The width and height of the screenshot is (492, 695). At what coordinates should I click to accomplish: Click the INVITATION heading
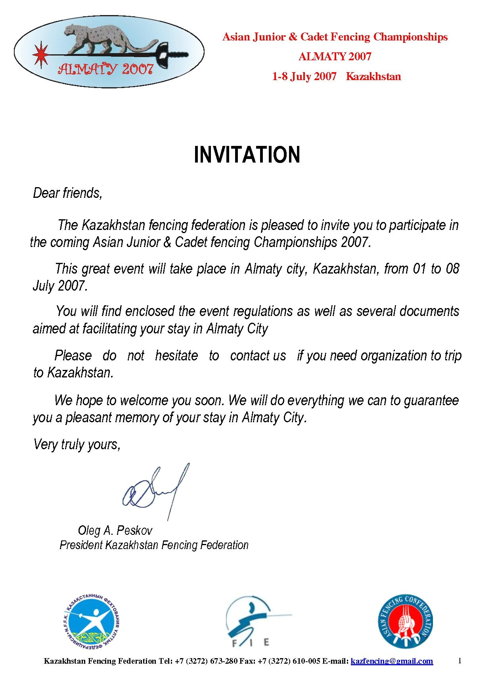coord(247,155)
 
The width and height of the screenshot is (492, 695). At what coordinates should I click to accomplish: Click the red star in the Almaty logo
coord(40,54)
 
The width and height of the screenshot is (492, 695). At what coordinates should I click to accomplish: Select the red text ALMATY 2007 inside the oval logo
coord(105,70)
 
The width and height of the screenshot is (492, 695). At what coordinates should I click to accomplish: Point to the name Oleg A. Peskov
coord(115,530)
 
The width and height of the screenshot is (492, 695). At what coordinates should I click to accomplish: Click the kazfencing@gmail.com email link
coord(392,661)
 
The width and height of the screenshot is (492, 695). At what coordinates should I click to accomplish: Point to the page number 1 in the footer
coord(459,661)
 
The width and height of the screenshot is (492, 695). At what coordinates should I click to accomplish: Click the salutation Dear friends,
coord(67,193)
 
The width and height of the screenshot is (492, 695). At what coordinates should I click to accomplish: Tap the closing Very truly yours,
coord(77,444)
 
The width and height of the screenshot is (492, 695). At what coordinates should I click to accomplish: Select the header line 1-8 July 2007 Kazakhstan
coord(336,77)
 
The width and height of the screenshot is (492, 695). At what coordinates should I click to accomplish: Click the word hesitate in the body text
coord(176,356)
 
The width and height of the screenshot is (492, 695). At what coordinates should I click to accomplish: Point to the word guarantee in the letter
coord(431,400)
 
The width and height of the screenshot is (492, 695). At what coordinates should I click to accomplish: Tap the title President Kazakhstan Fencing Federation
coord(154,545)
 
